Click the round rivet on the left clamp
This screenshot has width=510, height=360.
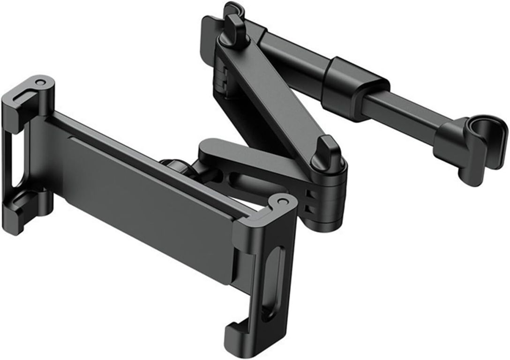click(40, 82)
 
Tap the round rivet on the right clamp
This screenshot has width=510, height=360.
click(282, 201)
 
